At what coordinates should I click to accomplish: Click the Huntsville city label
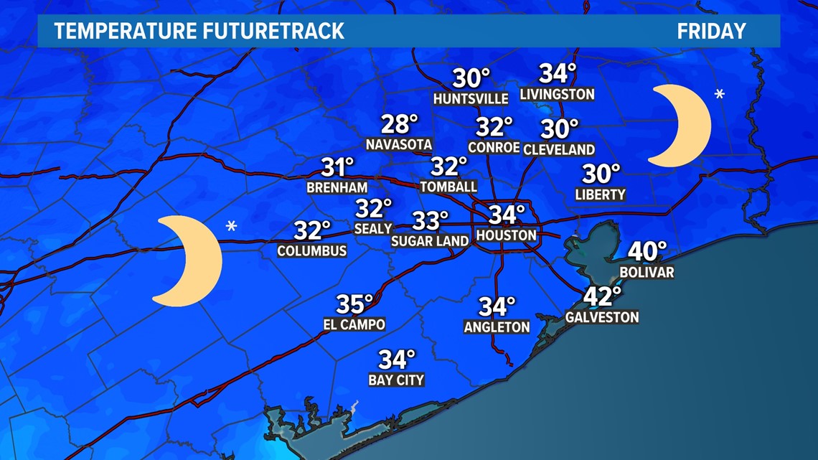[471, 98]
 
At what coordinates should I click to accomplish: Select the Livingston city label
[557, 94]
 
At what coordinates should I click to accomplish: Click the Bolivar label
[647, 272]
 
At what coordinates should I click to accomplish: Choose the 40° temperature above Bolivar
[647, 251]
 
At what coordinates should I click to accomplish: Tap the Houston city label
[507, 235]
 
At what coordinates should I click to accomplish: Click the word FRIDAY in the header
[712, 32]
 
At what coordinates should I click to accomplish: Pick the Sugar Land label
[430, 241]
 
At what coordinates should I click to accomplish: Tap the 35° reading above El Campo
[354, 304]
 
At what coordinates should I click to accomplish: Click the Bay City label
[396, 380]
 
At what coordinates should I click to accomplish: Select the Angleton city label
[497, 327]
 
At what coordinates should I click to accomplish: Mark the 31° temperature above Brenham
[338, 168]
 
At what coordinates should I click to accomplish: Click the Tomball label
[448, 187]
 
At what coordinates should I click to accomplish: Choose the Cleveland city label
[559, 149]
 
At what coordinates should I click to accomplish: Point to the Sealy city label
[373, 228]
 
